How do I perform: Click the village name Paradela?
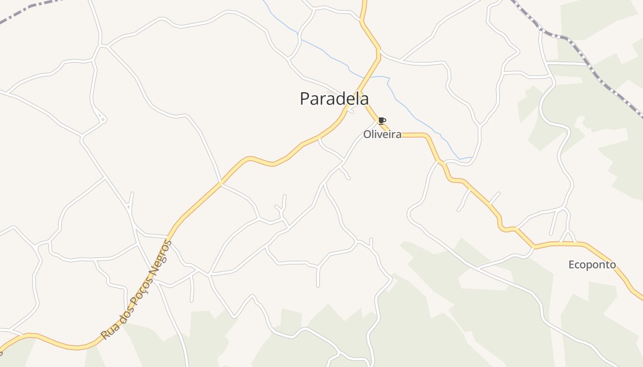click(334, 99)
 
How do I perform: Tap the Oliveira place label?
click(382, 134)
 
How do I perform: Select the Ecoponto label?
click(592, 265)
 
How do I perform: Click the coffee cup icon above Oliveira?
click(382, 121)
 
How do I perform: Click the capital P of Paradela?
click(305, 99)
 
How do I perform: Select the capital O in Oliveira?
click(367, 134)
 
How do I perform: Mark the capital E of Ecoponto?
click(571, 265)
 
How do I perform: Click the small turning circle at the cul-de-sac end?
click(103, 119)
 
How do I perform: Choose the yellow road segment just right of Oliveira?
click(413, 135)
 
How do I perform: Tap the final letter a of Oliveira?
click(398, 134)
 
